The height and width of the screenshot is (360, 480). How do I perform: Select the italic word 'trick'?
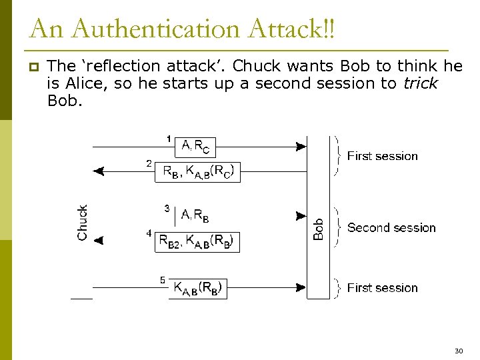(x=420, y=83)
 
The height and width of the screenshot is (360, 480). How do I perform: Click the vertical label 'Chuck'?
(x=83, y=222)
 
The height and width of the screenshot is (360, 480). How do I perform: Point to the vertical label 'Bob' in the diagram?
(x=319, y=229)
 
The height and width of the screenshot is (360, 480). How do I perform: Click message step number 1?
(x=169, y=139)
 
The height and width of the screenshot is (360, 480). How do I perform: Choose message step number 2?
(x=149, y=163)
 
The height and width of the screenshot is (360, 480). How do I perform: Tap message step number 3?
(x=167, y=209)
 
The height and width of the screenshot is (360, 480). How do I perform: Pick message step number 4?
(x=149, y=233)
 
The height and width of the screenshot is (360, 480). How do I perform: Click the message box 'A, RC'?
(x=195, y=146)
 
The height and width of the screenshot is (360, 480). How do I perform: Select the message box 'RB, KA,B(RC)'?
(x=198, y=171)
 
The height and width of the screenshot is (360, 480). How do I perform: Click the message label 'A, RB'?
(x=195, y=215)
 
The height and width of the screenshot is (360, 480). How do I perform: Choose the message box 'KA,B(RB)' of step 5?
(x=197, y=288)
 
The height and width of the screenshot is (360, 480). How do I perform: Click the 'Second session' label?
(x=391, y=228)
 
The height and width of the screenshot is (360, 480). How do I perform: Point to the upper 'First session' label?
(x=382, y=156)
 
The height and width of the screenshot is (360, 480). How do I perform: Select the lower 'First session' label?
(x=382, y=288)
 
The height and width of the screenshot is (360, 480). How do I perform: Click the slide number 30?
(x=458, y=351)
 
